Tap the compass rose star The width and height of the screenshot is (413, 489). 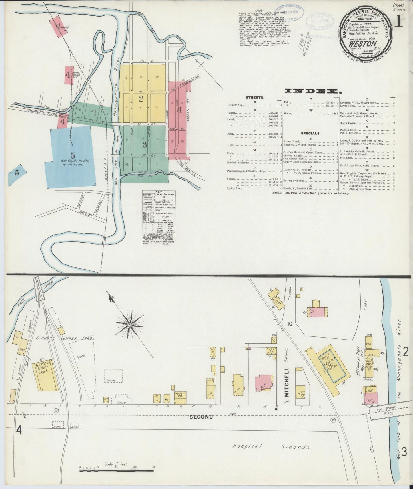(130, 324)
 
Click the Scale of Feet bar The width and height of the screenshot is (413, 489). (117, 469)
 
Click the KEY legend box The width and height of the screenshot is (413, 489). (158, 218)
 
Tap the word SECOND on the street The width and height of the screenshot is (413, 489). (201, 417)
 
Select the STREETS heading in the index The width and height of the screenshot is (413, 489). (254, 97)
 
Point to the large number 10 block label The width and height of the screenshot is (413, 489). (290, 324)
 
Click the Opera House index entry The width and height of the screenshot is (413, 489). (348, 123)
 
